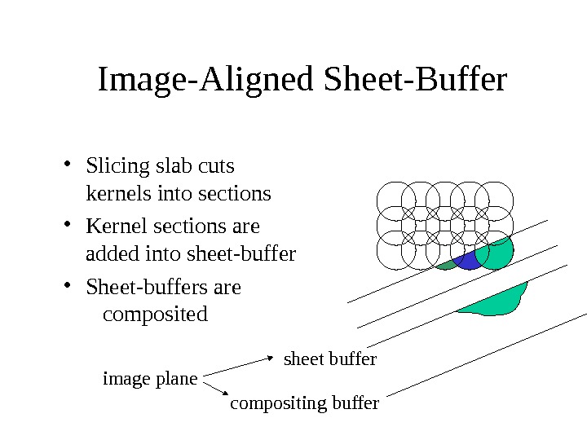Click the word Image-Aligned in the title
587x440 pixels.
[x=207, y=81]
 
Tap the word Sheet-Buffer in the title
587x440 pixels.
[x=415, y=81]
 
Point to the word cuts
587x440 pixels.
[x=216, y=167]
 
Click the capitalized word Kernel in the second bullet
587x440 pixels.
[x=112, y=226]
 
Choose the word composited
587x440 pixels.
[x=155, y=314]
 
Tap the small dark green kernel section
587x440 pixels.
[x=447, y=265]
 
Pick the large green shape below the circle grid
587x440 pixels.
[x=499, y=300]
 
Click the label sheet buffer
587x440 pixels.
[x=329, y=359]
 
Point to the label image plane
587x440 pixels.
[x=150, y=379]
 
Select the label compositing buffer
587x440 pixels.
[x=305, y=403]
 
